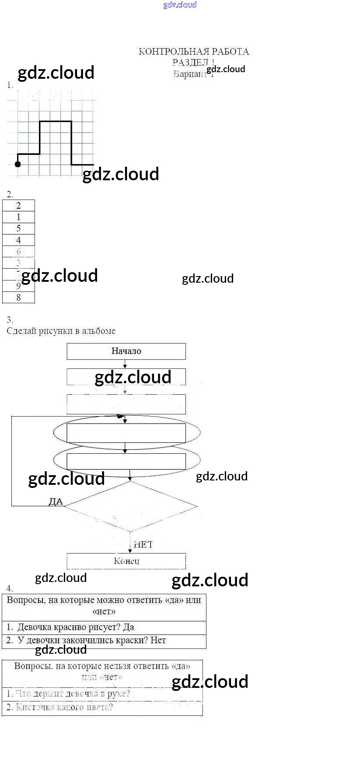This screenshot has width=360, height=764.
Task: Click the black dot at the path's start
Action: [x=17, y=164]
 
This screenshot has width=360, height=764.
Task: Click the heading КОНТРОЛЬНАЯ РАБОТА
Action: [x=194, y=52]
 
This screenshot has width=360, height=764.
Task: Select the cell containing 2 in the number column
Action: [x=18, y=206]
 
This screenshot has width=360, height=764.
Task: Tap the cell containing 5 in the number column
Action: [x=18, y=228]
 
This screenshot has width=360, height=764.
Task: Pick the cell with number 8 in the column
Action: [x=18, y=298]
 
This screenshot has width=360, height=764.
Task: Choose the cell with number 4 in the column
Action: [x=18, y=240]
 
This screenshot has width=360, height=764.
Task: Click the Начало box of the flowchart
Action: [x=126, y=351]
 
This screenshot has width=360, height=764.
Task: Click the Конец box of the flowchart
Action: [x=126, y=561]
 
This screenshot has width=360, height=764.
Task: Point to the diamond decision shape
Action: [x=130, y=507]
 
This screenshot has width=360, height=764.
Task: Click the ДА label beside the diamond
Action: [x=56, y=501]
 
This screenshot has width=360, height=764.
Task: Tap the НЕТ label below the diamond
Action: [x=143, y=544]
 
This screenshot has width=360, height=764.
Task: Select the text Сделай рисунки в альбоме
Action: [x=61, y=331]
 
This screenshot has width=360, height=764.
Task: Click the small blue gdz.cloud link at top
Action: [x=180, y=5]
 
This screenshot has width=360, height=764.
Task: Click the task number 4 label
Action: [x=10, y=589]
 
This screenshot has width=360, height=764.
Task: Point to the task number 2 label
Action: [x=10, y=194]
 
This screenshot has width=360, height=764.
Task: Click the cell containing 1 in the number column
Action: [x=18, y=217]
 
